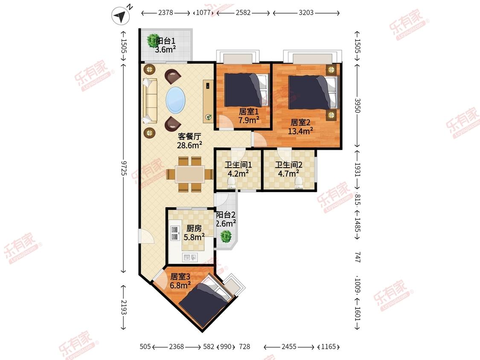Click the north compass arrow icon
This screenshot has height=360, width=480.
(120, 16)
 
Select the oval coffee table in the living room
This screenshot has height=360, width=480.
(175, 100)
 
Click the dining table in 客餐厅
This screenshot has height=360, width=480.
(190, 174)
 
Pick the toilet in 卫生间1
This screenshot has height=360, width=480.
(232, 183)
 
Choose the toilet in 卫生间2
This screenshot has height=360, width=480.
(299, 183)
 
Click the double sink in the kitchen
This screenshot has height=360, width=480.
(175, 233)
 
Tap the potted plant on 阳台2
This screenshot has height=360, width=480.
(226, 236)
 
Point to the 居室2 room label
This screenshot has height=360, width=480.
(300, 122)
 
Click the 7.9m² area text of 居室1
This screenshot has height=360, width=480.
(249, 120)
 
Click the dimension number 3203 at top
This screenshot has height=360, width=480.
(306, 12)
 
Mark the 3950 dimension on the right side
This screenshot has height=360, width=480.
(358, 105)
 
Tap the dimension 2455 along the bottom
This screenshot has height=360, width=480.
(289, 346)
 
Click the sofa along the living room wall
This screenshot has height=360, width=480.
(150, 101)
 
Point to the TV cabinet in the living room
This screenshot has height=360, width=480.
(208, 102)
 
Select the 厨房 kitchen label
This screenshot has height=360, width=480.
(194, 228)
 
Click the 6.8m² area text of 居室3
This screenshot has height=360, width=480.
(180, 285)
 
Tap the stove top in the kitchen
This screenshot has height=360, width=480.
(190, 258)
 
